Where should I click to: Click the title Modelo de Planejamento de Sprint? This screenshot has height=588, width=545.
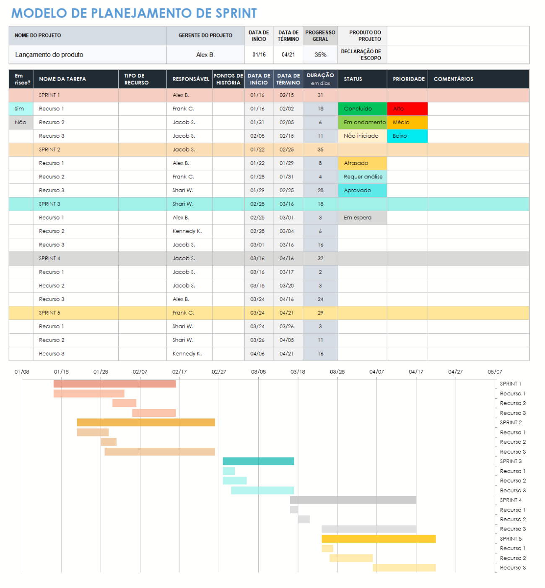pos(134,13)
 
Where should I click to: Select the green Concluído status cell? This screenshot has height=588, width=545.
pos(362,109)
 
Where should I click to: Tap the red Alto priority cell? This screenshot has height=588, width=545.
pos(407,109)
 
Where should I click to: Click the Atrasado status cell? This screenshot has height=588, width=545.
pos(362,163)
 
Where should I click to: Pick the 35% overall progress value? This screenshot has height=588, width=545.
pos(320,55)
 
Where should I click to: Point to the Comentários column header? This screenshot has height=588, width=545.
pos(453,79)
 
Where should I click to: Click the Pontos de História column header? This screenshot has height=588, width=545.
pos(228,79)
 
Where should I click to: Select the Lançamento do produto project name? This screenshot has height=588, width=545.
pos(49,55)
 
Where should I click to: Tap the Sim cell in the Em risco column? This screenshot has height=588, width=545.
pos(20,109)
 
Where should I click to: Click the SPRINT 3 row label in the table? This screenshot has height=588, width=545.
pos(49,204)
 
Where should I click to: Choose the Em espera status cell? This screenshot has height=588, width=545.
pos(362,218)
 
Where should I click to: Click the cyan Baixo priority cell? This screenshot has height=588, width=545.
pos(407,136)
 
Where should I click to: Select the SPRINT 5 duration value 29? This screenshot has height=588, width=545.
pos(320,313)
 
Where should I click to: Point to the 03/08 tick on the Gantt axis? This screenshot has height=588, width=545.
pos(258,372)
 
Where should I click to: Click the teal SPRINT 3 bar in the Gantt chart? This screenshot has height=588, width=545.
pos(258,461)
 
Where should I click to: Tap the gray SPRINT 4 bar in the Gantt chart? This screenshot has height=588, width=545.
pos(353,500)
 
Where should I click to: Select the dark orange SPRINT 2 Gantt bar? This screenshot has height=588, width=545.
pos(146,423)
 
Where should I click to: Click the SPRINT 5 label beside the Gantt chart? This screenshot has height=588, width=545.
pos(511,539)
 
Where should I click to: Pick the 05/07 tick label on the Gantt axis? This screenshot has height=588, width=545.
pos(495,372)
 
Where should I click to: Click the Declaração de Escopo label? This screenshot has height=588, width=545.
pos(361,55)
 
